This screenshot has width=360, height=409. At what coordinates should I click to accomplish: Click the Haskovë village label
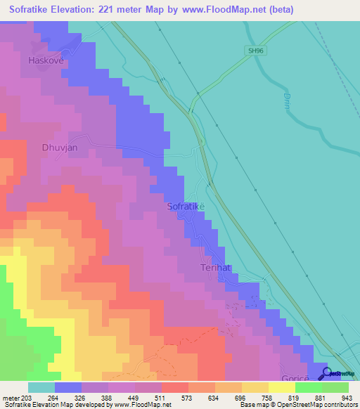click(x=46, y=60)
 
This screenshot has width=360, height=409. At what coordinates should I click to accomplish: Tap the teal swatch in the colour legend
click(x=41, y=387)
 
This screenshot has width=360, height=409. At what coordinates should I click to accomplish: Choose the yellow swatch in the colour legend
click(x=281, y=387)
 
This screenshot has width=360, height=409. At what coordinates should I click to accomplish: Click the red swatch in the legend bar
click(x=174, y=387)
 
